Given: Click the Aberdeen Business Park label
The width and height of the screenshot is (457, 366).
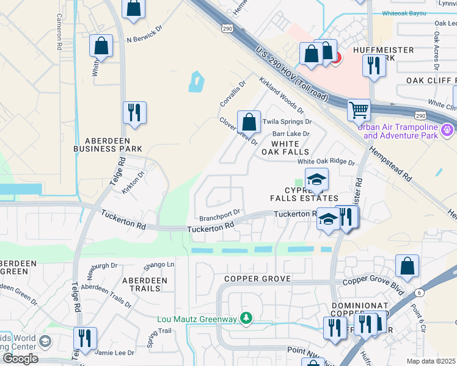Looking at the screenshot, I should click(x=108, y=144).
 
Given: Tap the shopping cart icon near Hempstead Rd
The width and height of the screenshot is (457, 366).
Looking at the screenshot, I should click(x=359, y=110).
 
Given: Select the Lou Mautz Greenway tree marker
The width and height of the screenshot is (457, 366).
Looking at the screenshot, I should click(x=246, y=318).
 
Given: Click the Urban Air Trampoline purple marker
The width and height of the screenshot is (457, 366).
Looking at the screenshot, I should click(x=448, y=130).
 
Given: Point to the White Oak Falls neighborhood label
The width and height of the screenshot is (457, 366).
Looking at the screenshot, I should click(x=285, y=147).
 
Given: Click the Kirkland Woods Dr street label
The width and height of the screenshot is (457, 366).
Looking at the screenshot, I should click(x=281, y=95).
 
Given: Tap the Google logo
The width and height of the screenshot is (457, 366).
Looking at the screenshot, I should click(x=20, y=359).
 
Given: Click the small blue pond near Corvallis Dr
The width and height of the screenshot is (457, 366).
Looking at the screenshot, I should click(x=196, y=82).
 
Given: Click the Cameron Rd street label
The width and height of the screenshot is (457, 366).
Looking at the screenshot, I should click(x=59, y=32).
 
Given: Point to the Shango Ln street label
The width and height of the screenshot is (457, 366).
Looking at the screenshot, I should click(x=159, y=264).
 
